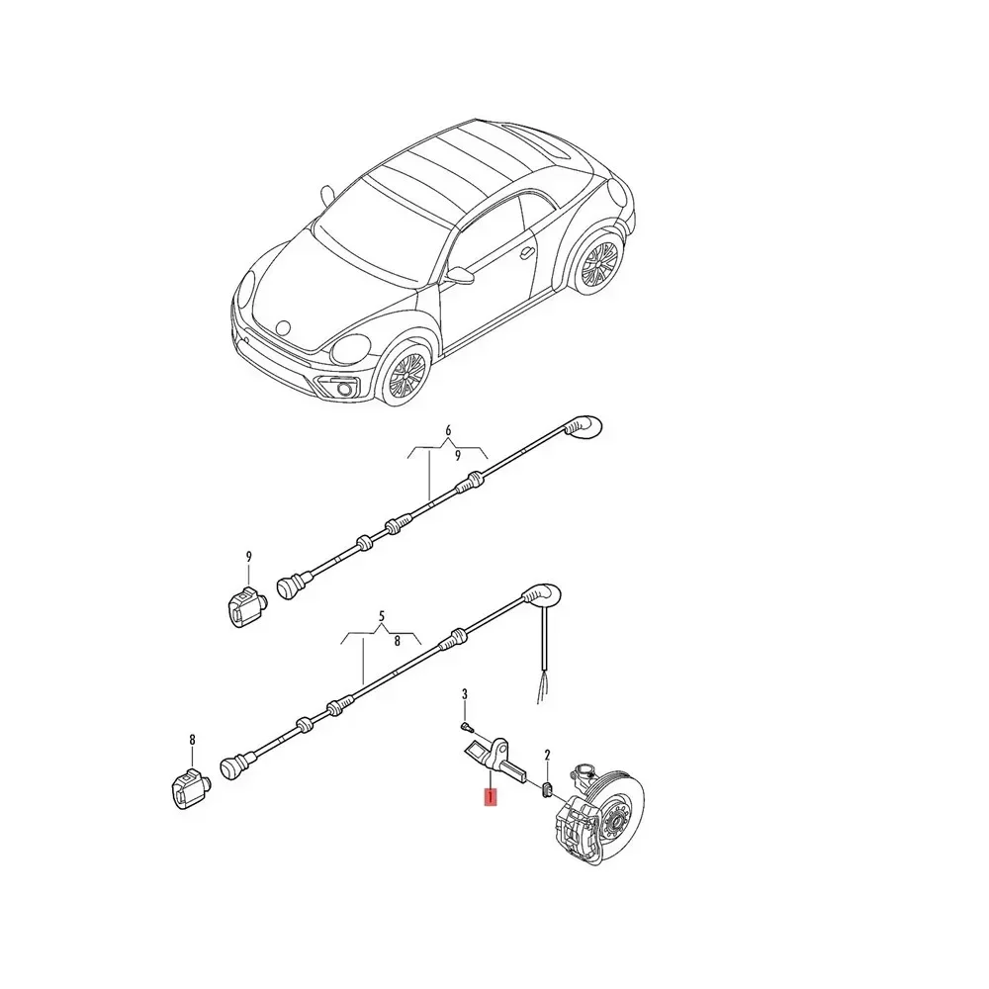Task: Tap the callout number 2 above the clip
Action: click(548, 755)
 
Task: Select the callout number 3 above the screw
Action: click(465, 699)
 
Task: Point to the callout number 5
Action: click(381, 620)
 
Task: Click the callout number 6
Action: click(448, 430)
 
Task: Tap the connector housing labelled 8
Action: click(188, 788)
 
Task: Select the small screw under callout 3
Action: click(465, 727)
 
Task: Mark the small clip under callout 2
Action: click(545, 788)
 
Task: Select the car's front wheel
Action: click(406, 375)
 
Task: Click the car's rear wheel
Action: click(597, 264)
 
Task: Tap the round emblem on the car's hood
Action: click(284, 323)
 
